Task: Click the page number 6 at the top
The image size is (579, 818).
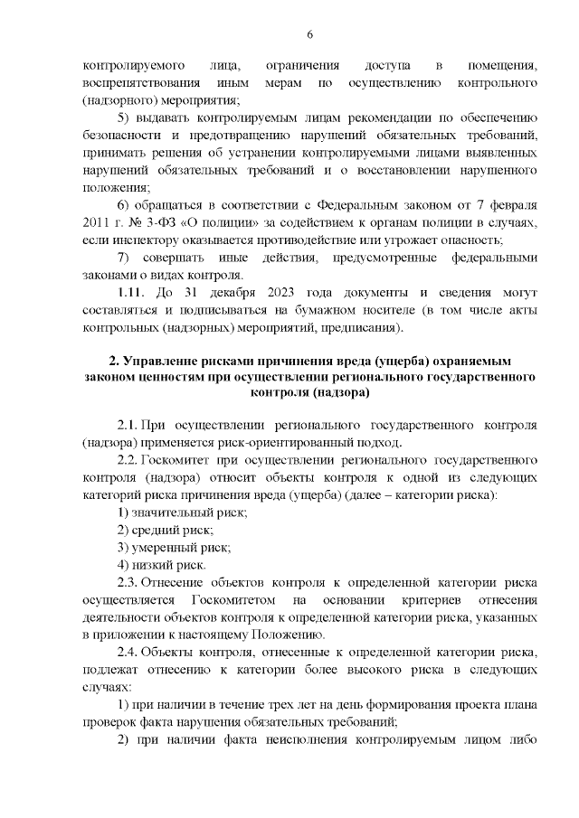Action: pyautogui.click(x=310, y=34)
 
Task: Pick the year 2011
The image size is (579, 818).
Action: pyautogui.click(x=99, y=222)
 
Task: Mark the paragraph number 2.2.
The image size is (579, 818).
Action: pyautogui.click(x=128, y=460)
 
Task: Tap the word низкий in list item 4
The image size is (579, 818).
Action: pyautogui.click(x=156, y=565)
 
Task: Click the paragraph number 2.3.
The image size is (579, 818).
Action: pyautogui.click(x=128, y=582)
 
